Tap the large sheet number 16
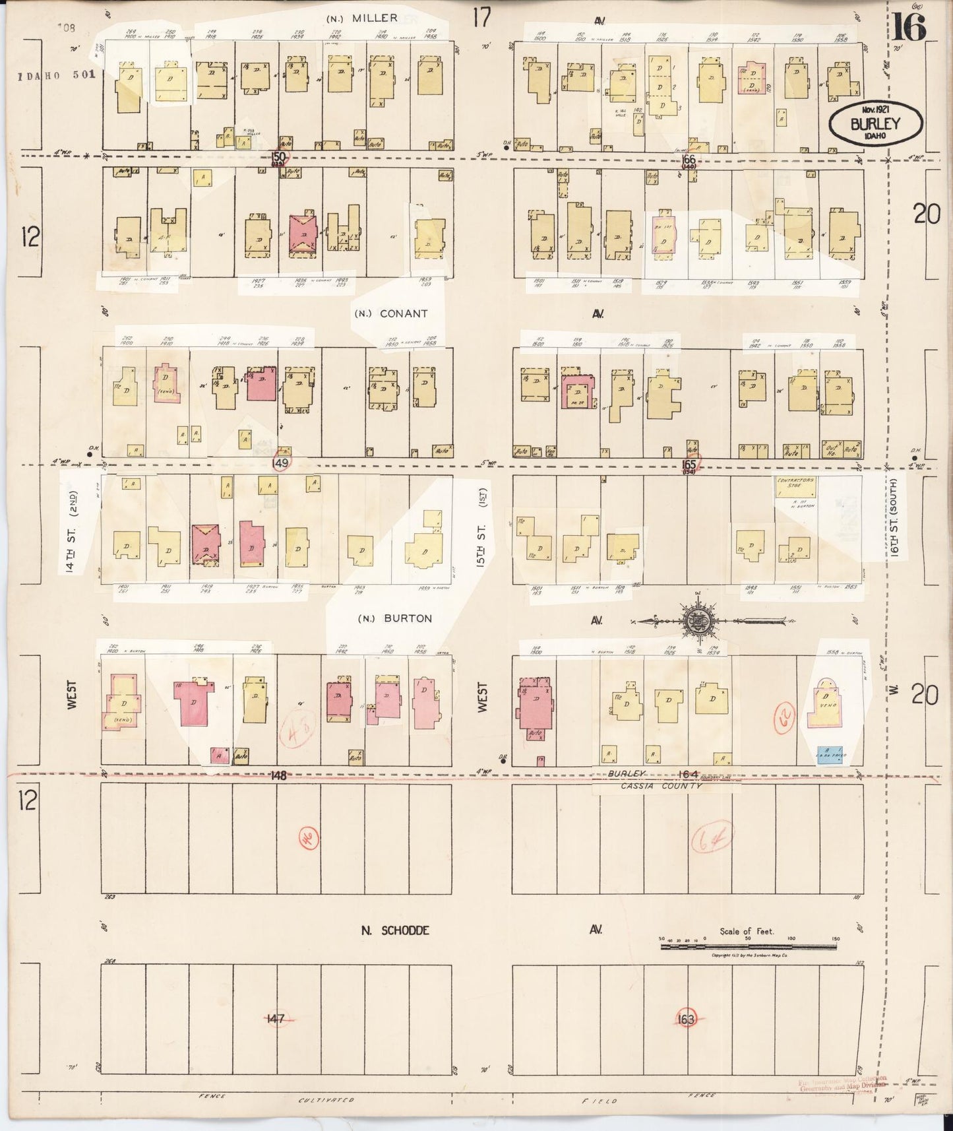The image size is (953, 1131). click(911, 27)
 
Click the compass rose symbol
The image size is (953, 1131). click(696, 620)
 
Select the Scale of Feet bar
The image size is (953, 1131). click(749, 947)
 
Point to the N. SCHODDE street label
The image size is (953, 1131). click(396, 930)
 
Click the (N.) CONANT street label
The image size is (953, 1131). click(391, 313)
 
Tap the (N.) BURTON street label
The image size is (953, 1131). click(394, 618)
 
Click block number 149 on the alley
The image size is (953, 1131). click(280, 464)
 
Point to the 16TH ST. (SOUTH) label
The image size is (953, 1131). click(895, 518)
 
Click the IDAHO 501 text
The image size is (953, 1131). click(57, 75)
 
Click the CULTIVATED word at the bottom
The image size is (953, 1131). click(326, 1101)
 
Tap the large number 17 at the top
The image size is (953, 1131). click(481, 18)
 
